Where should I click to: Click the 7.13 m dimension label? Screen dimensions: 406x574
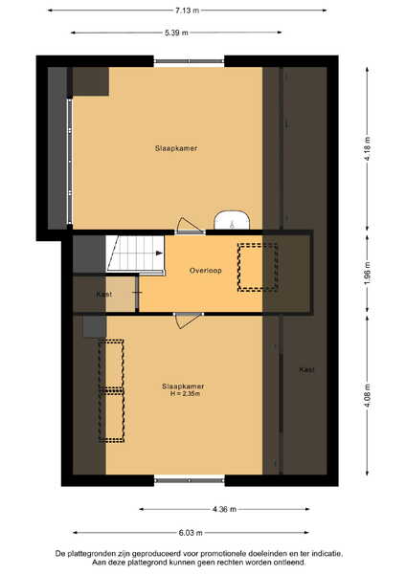click(x=187, y=11)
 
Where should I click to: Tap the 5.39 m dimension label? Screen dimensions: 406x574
click(x=176, y=33)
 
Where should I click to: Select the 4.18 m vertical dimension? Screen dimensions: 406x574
click(x=368, y=148)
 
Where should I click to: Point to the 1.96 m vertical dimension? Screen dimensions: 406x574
click(x=368, y=273)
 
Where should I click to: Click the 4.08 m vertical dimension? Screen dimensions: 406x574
click(x=368, y=396)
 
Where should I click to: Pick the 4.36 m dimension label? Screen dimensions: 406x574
click(x=224, y=509)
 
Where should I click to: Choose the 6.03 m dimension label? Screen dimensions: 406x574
click(x=191, y=533)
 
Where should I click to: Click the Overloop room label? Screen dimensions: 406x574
click(x=205, y=271)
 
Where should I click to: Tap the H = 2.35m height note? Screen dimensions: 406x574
click(x=185, y=394)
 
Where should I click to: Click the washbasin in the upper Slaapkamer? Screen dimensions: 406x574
click(x=232, y=220)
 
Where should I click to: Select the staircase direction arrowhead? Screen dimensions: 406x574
click(x=159, y=253)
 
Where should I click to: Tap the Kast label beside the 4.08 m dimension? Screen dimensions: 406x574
click(x=306, y=369)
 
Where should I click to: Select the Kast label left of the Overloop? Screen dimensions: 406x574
click(x=104, y=294)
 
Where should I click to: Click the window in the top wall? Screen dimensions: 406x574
click(x=189, y=61)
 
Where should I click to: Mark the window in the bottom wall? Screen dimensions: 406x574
click(x=189, y=480)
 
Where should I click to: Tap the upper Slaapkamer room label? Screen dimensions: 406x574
click(x=176, y=148)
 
